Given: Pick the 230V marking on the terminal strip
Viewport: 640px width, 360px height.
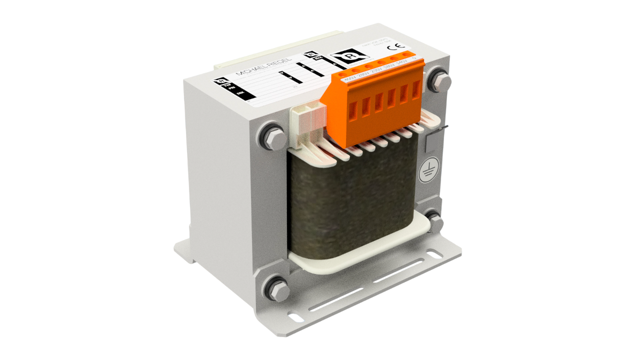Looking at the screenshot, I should point(376,70).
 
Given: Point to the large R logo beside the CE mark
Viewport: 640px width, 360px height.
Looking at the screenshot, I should point(350,55).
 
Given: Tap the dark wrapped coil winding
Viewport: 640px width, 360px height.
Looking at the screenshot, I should point(350,200).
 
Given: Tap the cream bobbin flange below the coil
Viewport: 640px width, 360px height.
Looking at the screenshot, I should point(350,260).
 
